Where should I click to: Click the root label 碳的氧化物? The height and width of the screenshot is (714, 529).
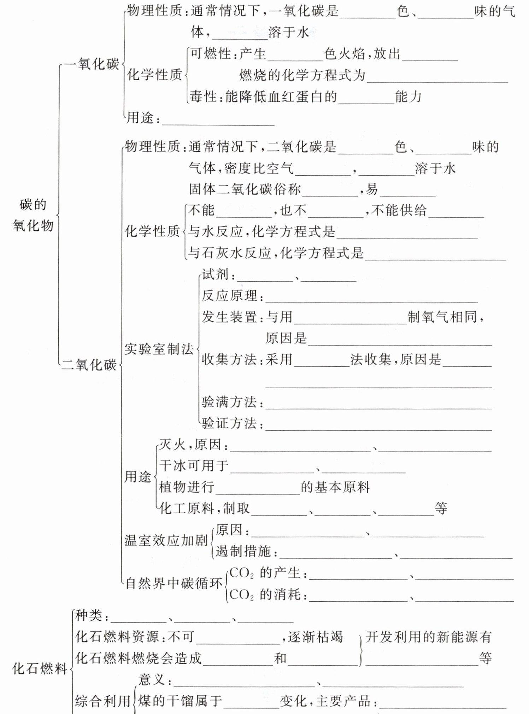(33, 215)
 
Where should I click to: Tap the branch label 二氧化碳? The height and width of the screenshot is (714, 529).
(89, 365)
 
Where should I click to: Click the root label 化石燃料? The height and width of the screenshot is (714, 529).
(40, 669)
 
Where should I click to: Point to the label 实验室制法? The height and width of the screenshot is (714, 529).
(159, 349)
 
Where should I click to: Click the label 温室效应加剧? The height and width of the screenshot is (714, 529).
(166, 540)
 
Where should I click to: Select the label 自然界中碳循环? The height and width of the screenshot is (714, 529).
(174, 583)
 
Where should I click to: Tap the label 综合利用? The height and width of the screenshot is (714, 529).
(102, 701)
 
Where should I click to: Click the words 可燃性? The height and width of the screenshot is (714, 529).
(211, 54)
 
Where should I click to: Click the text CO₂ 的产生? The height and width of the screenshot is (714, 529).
(265, 573)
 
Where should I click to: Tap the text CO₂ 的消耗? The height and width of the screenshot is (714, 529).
(265, 595)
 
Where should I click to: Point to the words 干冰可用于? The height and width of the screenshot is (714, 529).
(194, 466)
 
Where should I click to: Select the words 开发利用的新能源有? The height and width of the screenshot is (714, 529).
(428, 637)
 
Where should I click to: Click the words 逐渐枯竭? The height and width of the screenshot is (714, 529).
(315, 637)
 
